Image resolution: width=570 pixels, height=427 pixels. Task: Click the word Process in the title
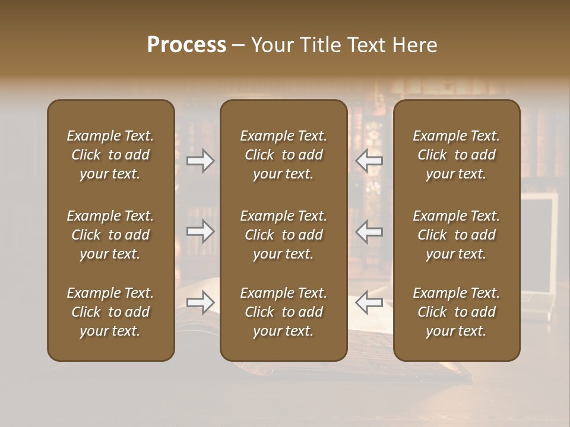coord(186,45)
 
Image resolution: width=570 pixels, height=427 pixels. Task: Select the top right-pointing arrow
coord(201,161)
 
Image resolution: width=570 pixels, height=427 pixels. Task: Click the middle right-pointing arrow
coord(201,231)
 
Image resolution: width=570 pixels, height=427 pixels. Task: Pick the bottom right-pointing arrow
coord(201,302)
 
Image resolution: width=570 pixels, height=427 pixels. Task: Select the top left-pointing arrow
coord(369,161)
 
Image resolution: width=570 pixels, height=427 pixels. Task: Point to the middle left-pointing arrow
coord(369,231)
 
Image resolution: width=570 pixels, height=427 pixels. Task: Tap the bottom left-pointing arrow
coord(369,302)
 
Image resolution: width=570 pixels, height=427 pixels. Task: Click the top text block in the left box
coord(110,155)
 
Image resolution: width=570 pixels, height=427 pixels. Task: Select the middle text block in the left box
coord(110,235)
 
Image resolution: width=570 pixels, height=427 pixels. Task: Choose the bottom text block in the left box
coord(110,312)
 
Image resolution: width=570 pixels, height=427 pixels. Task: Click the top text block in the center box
coord(283,155)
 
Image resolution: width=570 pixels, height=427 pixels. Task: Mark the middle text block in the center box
coord(283,235)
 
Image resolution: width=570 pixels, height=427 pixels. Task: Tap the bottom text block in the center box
coord(283,312)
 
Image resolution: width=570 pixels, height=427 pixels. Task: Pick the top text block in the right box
coord(456,155)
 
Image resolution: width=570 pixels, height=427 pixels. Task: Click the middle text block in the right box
coord(456,235)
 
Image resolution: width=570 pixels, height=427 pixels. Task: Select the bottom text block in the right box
coord(456,312)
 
